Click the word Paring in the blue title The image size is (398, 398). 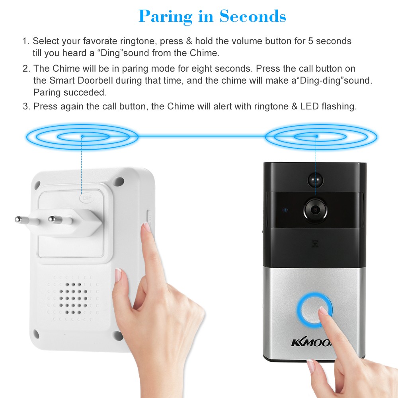pos(165,17)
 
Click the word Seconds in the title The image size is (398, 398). pos(253,16)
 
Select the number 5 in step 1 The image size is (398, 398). pos(311,41)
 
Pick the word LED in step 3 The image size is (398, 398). pos(310,106)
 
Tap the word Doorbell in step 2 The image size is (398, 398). pos(95,80)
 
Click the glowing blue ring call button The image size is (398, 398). pos(314,310)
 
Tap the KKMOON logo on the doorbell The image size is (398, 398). pos(312,343)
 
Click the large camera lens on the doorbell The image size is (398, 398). pos(315,210)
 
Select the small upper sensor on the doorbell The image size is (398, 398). pos(315,180)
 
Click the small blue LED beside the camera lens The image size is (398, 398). pos(285,210)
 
